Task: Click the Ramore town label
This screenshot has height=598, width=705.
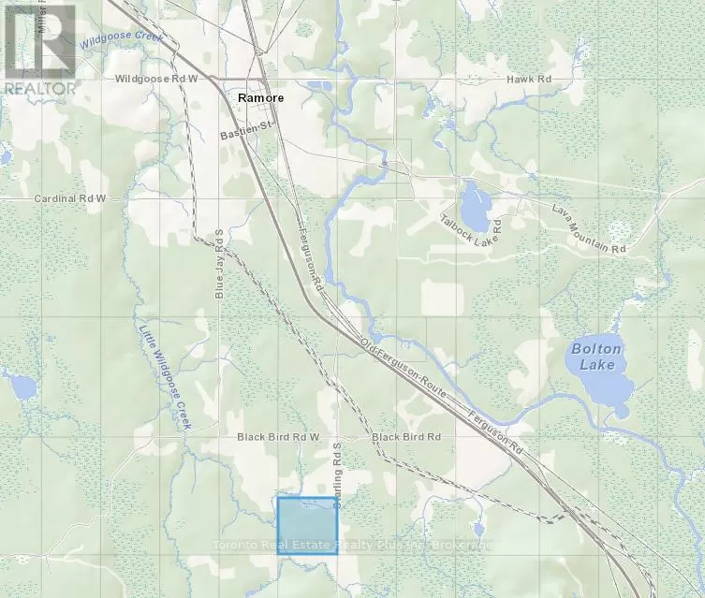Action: pos(260,97)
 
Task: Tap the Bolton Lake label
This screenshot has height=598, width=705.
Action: pos(595,357)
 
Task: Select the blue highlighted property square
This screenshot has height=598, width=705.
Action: pos(307,525)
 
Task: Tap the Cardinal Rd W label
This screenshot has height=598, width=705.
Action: pos(71,199)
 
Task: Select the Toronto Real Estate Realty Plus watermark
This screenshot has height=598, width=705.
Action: pos(352,545)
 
